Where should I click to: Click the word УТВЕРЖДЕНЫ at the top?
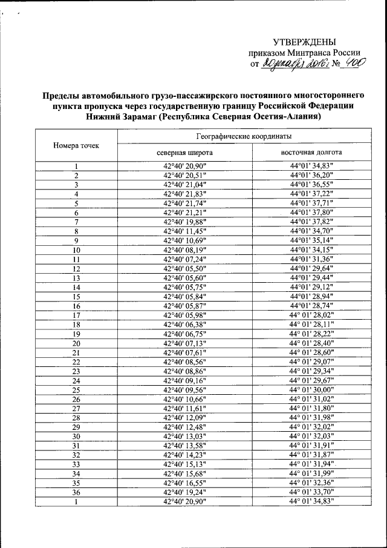coord(304,42)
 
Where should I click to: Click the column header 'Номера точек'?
coord(76,145)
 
